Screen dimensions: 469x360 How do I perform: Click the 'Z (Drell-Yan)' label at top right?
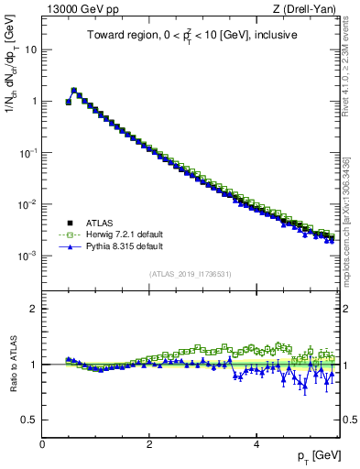tap(307, 9)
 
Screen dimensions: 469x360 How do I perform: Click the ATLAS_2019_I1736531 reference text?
tap(191, 274)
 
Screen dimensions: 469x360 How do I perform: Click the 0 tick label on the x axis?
tap(42, 444)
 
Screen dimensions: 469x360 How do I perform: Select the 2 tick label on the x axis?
tap(149, 444)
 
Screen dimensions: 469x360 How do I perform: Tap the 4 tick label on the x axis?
tap(256, 444)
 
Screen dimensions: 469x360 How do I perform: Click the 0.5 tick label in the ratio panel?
tap(28, 420)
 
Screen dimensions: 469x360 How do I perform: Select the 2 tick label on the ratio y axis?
tap(33, 309)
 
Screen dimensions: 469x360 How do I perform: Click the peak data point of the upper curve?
tap(74, 91)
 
